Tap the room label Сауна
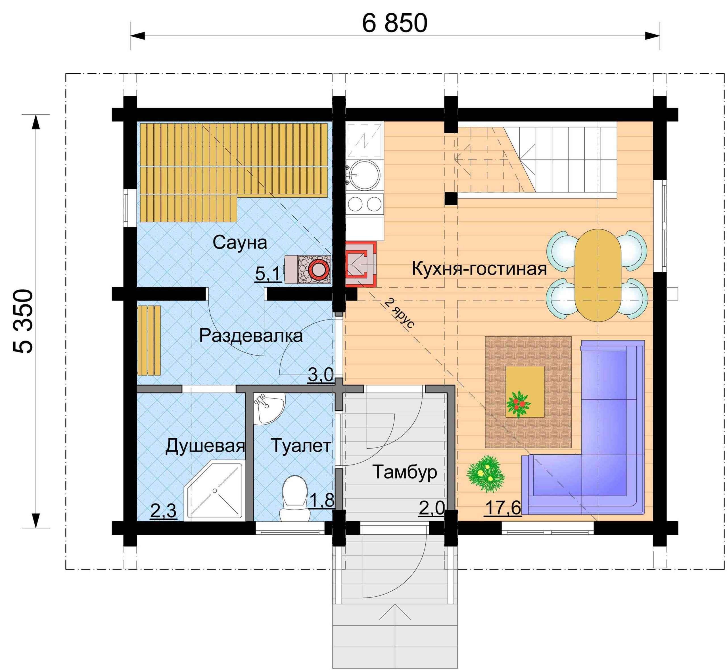[x=240, y=242]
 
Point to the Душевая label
[x=205, y=446]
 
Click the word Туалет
[x=301, y=446]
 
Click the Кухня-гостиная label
[x=479, y=269]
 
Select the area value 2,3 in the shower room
[x=163, y=511]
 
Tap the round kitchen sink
[x=363, y=175]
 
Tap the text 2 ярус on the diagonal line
[x=398, y=313]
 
